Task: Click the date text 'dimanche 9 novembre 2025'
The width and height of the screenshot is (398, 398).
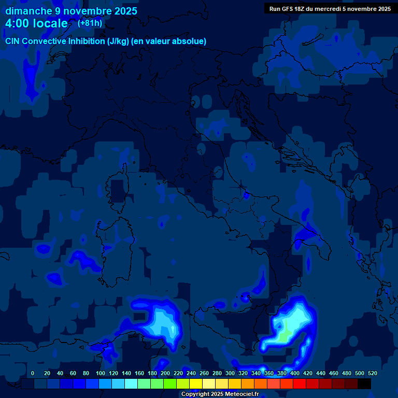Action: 71,11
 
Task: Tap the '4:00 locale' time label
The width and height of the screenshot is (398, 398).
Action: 36,23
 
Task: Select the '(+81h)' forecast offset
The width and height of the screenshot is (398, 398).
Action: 90,23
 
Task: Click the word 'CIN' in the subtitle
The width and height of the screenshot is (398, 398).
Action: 13,41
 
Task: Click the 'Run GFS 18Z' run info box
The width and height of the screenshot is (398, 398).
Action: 330,9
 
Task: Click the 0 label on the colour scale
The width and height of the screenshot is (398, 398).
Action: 33,373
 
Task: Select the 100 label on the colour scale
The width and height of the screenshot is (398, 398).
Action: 100,373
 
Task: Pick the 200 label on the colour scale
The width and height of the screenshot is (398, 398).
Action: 165,373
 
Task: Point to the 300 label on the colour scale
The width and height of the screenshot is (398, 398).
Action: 230,373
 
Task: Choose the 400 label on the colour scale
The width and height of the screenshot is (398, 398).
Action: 294,373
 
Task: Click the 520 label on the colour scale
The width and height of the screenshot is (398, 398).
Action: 372,373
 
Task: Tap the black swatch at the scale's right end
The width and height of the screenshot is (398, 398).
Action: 364,384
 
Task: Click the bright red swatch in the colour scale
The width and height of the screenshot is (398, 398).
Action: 300,384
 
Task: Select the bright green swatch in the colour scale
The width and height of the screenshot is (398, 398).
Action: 170,384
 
